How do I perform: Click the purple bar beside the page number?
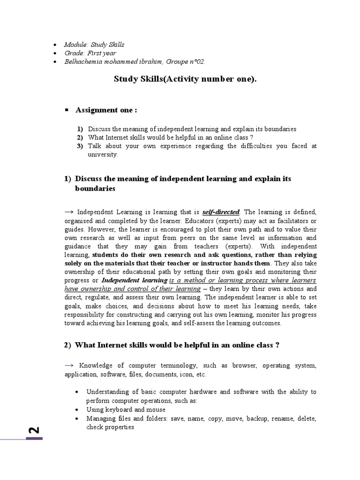coord(35,438)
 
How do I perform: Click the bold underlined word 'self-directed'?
coord(221,212)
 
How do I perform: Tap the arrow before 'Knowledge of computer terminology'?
coord(70,365)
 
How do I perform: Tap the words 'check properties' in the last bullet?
coord(110,427)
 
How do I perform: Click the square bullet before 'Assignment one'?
coord(66,110)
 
